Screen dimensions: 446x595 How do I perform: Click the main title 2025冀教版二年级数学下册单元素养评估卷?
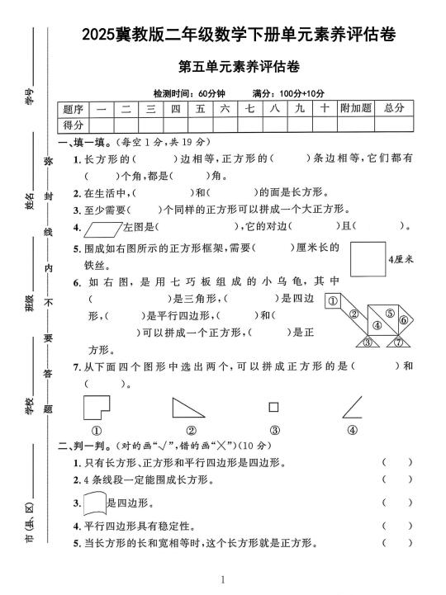point(239,35)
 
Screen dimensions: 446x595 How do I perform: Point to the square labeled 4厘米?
point(367,258)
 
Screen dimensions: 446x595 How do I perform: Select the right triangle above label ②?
point(187,408)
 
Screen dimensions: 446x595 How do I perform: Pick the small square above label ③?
point(273,407)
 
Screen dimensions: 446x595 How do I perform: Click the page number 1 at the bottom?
point(223,580)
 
